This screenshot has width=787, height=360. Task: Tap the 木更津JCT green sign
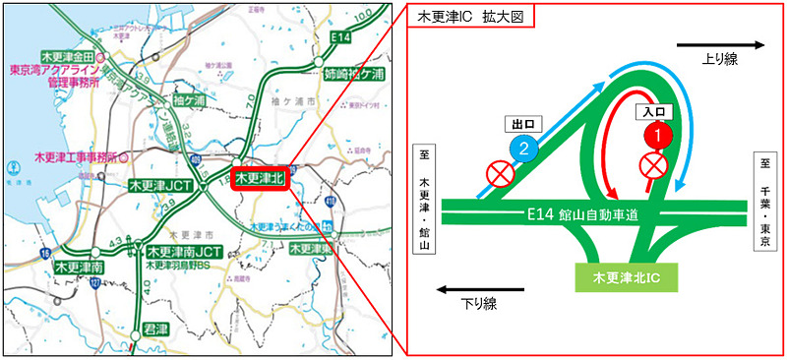[x=160, y=185]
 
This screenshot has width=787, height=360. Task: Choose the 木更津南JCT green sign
[x=185, y=252]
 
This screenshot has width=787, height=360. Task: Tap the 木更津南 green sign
[x=80, y=267]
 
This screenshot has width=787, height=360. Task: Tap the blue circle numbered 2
[x=525, y=149]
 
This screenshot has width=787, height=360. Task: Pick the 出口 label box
[x=523, y=125]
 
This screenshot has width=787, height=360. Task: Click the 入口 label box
[x=657, y=111]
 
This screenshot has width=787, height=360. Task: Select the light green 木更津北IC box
[x=632, y=278]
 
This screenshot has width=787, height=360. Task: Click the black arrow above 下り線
[x=475, y=290]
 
